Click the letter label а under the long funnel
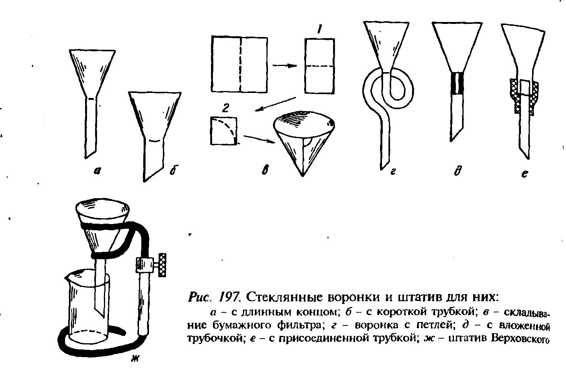(97, 172)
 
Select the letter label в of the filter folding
(265, 172)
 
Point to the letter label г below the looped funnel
(393, 172)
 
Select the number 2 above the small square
(226, 108)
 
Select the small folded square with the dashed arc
(223, 131)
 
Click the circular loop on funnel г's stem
(390, 88)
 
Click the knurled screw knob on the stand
(162, 264)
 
